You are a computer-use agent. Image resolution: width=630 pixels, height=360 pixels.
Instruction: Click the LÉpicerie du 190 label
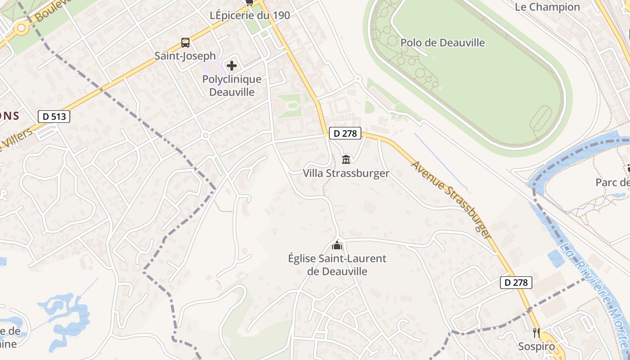click(x=250, y=15)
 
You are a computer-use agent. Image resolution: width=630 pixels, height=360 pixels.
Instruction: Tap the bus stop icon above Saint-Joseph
click(x=185, y=43)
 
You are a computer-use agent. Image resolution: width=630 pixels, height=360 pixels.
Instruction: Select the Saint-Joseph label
click(x=185, y=56)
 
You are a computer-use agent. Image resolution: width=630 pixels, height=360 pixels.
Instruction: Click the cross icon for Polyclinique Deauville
click(x=232, y=66)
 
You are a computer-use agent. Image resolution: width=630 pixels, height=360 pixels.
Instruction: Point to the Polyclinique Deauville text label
click(x=232, y=85)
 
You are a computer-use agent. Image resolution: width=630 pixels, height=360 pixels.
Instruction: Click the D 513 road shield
click(x=54, y=117)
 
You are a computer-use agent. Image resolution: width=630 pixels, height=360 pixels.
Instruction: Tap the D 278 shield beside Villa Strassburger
click(x=345, y=133)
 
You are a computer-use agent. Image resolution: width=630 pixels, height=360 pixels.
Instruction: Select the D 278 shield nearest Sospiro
click(x=516, y=283)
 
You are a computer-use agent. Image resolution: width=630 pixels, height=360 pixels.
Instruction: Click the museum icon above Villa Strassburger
click(x=346, y=159)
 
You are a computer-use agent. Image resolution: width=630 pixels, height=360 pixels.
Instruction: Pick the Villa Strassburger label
click(x=346, y=173)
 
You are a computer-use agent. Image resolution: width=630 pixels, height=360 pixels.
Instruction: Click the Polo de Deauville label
click(x=443, y=43)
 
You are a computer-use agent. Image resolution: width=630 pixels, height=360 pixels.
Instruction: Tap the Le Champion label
click(x=547, y=7)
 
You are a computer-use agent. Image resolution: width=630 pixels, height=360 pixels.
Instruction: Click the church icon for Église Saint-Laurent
click(x=337, y=246)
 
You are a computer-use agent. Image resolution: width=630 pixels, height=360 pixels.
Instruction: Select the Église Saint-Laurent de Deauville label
click(x=337, y=265)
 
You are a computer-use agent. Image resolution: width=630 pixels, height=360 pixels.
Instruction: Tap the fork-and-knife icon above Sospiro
click(x=536, y=333)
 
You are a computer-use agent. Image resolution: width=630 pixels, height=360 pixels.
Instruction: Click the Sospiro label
click(x=536, y=346)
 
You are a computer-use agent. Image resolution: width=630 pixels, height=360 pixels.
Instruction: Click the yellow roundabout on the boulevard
click(x=21, y=28)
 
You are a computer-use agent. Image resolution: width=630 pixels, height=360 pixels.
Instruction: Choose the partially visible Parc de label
click(x=612, y=182)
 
